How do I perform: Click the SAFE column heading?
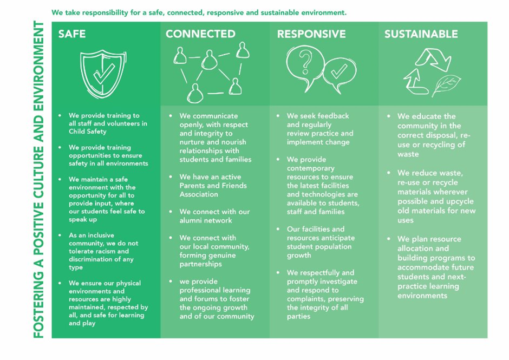[x=71, y=34]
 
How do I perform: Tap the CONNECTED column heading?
[x=200, y=34]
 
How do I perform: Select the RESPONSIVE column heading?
[x=311, y=34]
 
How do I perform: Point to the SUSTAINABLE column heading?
[x=421, y=34]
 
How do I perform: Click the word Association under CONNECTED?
[x=199, y=194]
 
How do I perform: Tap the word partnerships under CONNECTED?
[x=200, y=264]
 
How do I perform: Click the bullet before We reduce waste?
[x=389, y=173]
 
